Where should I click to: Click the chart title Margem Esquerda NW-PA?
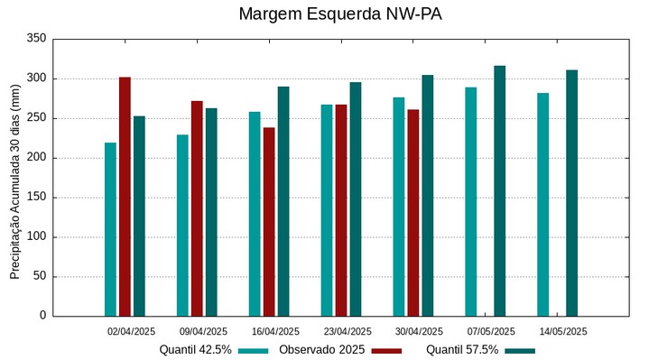(339, 14)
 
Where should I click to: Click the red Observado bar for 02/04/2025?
(125, 197)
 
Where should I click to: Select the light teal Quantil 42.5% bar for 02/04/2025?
(110, 229)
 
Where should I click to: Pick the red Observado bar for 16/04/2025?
(269, 222)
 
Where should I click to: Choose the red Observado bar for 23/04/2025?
(341, 210)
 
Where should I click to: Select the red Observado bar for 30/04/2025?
(413, 213)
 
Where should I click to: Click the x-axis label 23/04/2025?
(348, 331)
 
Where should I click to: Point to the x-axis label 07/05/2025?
(491, 331)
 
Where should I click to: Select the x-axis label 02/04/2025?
(131, 331)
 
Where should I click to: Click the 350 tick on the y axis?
(37, 39)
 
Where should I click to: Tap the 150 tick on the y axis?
(37, 198)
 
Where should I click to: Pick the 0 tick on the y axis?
(42, 316)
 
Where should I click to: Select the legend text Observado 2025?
(321, 349)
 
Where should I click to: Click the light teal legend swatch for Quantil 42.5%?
(254, 350)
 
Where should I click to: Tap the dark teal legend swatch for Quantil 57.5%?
(520, 350)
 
